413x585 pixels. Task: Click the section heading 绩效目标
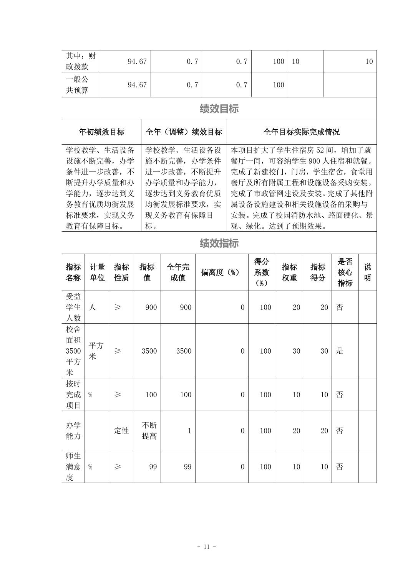point(219,109)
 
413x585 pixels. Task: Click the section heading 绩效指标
point(219,243)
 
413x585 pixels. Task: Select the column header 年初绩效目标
point(101,132)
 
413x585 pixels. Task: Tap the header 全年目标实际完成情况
point(302,132)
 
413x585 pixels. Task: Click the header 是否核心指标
point(345,272)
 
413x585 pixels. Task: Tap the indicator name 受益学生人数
point(73,307)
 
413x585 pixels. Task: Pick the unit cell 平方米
point(96,351)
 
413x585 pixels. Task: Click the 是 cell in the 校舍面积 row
point(340,351)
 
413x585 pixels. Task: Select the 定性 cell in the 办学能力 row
point(121,431)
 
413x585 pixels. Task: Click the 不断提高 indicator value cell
point(149,431)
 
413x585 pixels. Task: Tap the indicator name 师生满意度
point(73,467)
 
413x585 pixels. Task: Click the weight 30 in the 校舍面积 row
point(296,351)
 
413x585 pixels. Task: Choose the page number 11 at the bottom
point(206,547)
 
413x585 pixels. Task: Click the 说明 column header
point(367,272)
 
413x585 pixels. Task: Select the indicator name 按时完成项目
point(73,394)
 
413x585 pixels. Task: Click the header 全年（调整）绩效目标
point(184,132)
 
